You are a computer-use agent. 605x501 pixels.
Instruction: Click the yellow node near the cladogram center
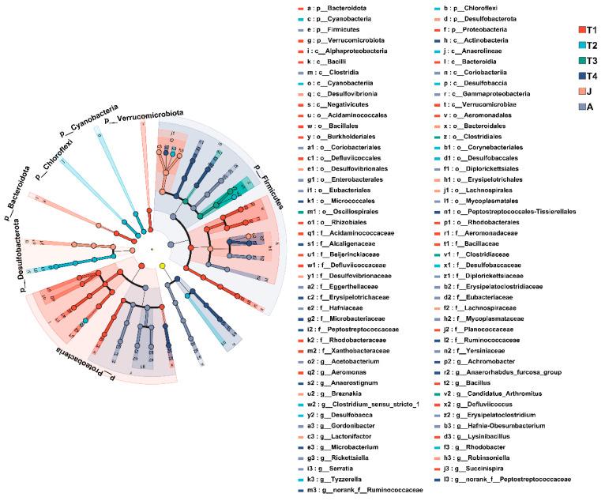click(163, 266)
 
